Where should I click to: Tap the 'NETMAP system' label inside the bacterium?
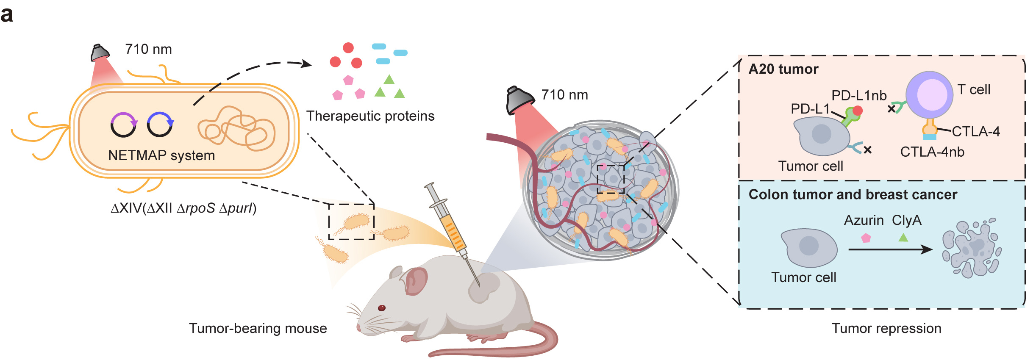click(161, 155)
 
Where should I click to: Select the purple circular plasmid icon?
click(123, 125)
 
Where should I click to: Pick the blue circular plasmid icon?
click(160, 125)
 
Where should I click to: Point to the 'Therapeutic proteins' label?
click(370, 116)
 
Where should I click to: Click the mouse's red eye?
click(381, 308)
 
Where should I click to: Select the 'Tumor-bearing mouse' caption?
click(258, 328)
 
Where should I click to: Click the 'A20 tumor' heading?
click(783, 69)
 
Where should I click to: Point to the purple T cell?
click(929, 94)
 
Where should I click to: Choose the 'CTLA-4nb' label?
click(932, 152)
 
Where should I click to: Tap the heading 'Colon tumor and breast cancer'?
click(853, 194)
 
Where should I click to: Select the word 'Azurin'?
click(864, 220)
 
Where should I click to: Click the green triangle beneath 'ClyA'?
click(903, 238)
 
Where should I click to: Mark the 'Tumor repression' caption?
click(886, 328)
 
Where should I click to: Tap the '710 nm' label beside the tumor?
click(564, 95)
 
